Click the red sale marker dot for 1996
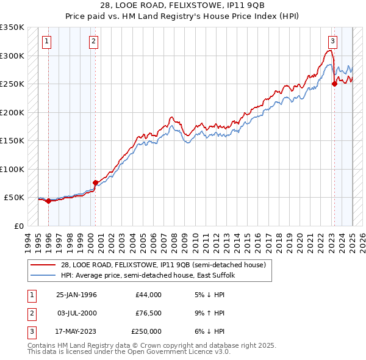tap(48, 201)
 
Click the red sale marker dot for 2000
tap(95, 182)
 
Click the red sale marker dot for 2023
tap(334, 84)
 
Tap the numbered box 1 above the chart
tap(47, 41)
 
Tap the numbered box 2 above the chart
tap(93, 41)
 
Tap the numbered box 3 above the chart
tap(332, 41)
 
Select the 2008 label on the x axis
tap(174, 241)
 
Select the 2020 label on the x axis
tap(300, 241)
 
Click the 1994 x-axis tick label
tap(27, 241)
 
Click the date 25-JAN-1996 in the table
tap(76, 295)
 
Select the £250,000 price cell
tap(146, 331)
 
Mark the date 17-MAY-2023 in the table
tap(76, 331)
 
